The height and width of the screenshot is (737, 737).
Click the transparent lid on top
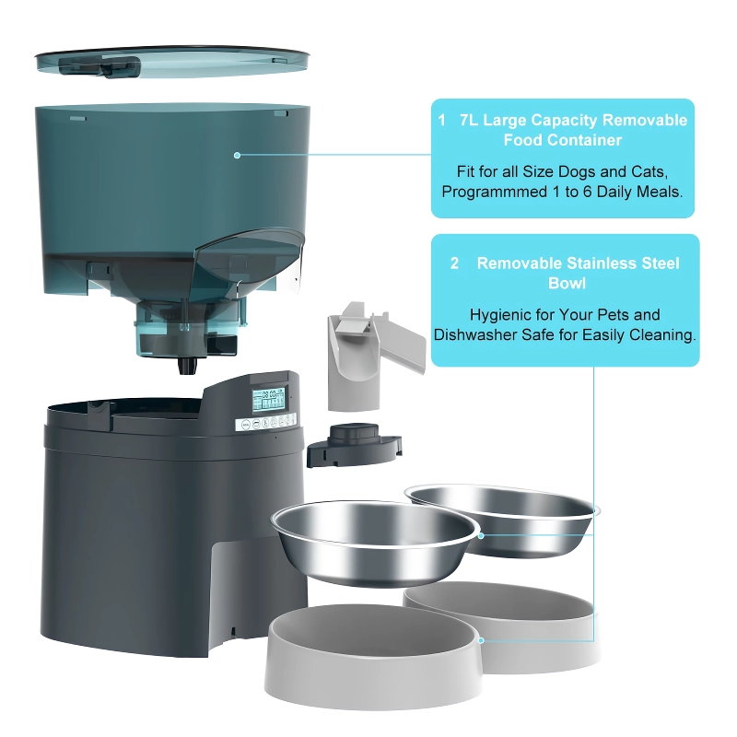(172, 61)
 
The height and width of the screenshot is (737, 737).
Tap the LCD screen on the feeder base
(269, 400)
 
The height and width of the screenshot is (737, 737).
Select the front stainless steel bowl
(373, 542)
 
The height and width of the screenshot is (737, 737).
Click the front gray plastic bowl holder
(373, 656)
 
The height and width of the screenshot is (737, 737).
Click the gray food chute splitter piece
(371, 355)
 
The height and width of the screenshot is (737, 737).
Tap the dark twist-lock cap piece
(354, 444)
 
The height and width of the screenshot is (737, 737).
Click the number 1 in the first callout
(441, 121)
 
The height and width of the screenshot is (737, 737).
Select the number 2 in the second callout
(454, 263)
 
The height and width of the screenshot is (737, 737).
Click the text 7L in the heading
(468, 121)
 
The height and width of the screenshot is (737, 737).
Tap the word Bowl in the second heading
(567, 284)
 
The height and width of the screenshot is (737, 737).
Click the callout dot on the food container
(237, 155)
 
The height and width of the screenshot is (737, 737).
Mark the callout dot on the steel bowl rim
(481, 535)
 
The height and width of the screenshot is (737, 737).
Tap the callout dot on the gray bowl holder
(481, 640)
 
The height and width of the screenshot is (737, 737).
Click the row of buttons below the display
(266, 422)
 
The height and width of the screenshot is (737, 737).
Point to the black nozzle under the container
(187, 365)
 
